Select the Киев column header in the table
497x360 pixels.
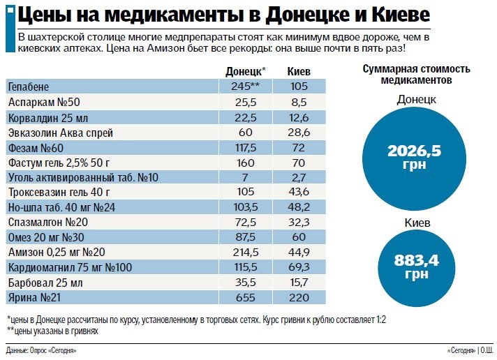coord(299,72)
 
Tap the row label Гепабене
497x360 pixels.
coord(29,87)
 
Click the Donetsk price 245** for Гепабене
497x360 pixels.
coord(246,87)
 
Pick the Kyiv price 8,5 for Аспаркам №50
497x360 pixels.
coord(299,102)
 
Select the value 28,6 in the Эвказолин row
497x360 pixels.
coord(299,132)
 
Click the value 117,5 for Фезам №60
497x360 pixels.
coord(246,147)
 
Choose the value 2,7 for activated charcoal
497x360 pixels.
coord(299,177)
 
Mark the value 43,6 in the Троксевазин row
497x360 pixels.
coord(299,193)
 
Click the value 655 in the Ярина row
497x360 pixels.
coord(246,298)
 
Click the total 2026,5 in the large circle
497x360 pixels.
coord(415,151)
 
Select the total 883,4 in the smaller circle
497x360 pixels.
coord(416,261)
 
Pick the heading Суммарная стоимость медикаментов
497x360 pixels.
coord(416,75)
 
